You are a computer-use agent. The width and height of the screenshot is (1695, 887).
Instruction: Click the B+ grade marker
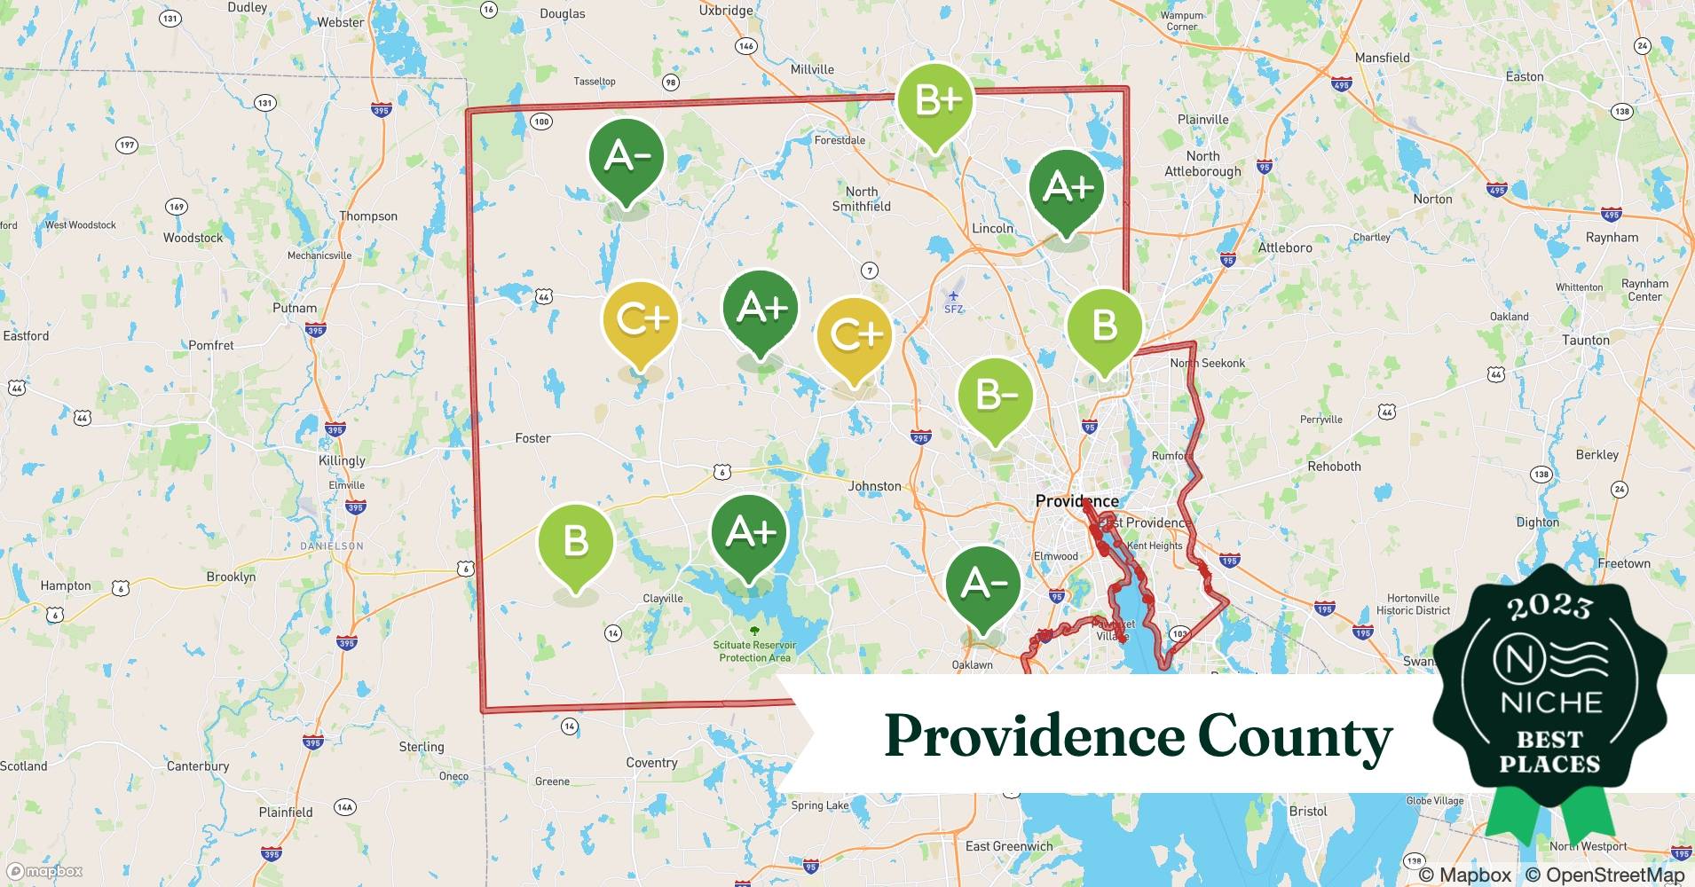tap(934, 101)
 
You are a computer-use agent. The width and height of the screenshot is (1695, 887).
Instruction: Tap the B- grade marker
tap(996, 395)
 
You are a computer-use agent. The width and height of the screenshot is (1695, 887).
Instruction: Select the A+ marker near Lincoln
tap(1067, 187)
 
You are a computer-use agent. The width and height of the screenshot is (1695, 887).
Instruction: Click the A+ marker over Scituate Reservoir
tap(750, 532)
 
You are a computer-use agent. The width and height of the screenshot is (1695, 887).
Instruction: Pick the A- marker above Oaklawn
tap(983, 584)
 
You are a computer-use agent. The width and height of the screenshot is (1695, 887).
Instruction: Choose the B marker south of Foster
tap(575, 541)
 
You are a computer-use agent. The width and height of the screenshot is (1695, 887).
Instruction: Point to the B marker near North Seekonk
tap(1104, 326)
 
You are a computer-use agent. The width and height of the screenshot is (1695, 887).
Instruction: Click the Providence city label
tap(1076, 501)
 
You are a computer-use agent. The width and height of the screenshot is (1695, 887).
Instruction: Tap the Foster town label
tap(532, 438)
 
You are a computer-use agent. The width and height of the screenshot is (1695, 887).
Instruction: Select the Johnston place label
tap(874, 486)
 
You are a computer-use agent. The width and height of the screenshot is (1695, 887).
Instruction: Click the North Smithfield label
tap(861, 199)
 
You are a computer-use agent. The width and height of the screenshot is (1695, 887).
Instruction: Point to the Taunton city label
tap(1585, 340)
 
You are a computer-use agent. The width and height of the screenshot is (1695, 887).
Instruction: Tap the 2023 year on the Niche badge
tap(1549, 607)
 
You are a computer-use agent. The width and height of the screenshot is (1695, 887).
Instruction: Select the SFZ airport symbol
tap(953, 297)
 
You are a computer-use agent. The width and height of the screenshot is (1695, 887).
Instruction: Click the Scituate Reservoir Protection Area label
tap(754, 651)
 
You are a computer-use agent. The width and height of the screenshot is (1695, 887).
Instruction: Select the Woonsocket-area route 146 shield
tap(746, 46)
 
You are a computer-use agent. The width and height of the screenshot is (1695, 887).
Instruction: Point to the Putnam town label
tap(295, 308)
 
